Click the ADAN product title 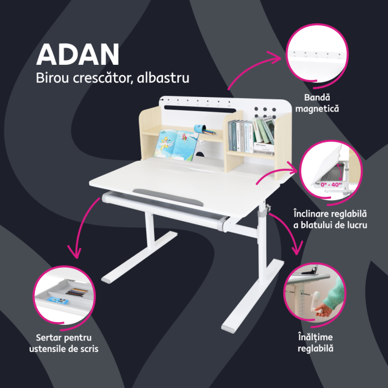pos(78,54)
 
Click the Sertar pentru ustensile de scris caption pos(67,343)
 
